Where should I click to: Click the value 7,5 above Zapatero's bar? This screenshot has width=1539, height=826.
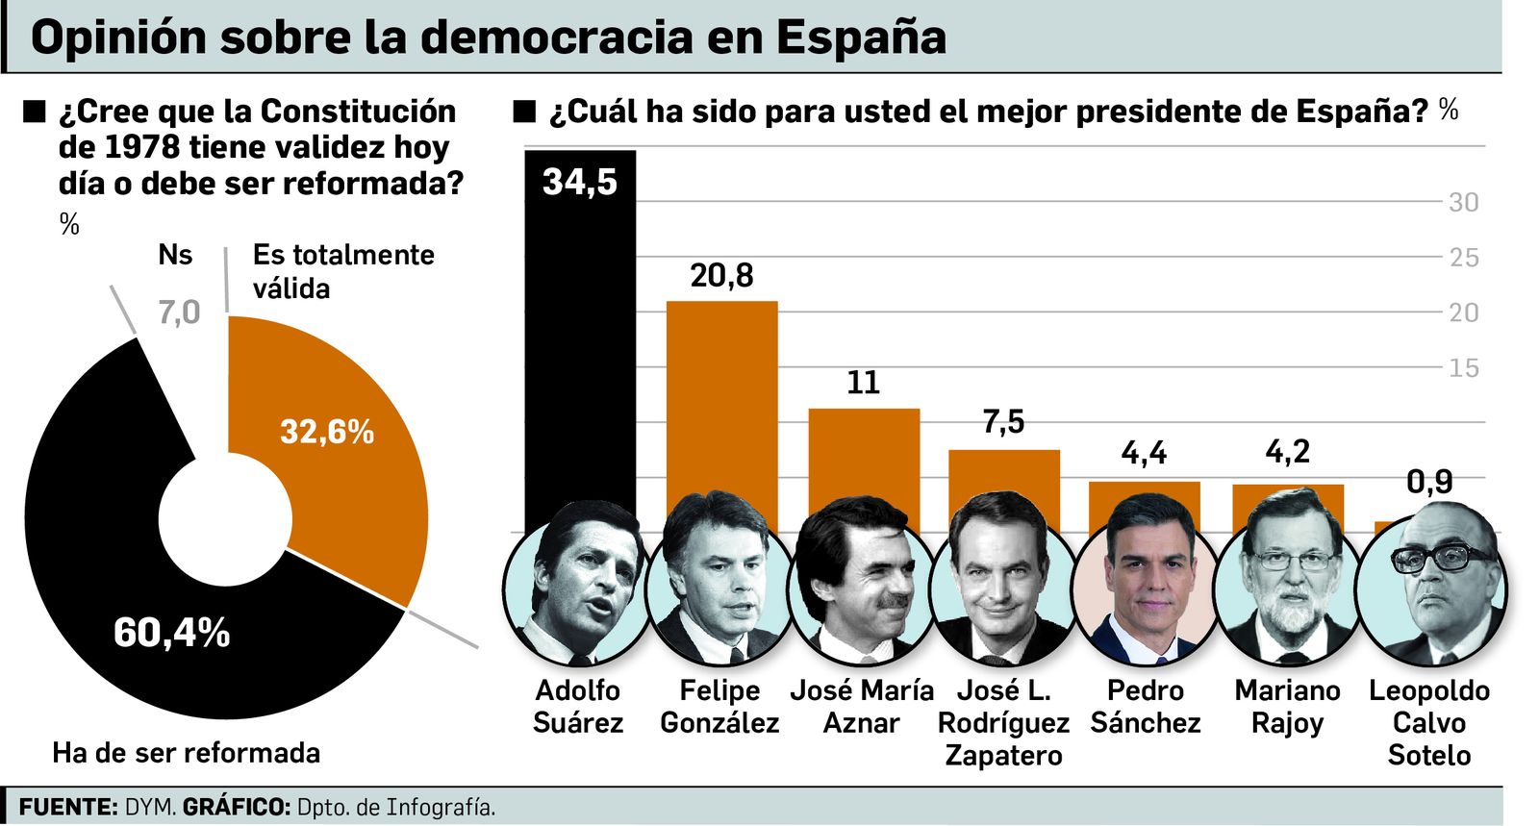pos(1003,422)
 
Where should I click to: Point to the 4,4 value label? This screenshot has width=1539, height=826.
pos(1144,453)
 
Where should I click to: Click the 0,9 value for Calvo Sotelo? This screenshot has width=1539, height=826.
pos(1429,482)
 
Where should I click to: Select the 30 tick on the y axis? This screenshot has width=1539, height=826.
pos(1463,203)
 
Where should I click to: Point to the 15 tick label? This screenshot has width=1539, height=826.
pos(1463,368)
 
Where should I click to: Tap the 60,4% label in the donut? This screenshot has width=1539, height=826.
pos(171,633)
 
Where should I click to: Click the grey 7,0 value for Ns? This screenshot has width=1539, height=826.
pos(179,313)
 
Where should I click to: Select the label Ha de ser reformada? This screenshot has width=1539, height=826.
pos(186,752)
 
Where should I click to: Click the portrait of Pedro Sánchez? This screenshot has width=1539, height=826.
pos(1145,587)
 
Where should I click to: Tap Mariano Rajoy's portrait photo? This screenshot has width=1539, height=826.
pos(1286,587)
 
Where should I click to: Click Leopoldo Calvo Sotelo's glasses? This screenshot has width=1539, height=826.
pos(1442,559)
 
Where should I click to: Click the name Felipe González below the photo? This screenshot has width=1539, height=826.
pos(719,707)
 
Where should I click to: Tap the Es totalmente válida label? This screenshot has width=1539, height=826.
pos(343,271)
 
